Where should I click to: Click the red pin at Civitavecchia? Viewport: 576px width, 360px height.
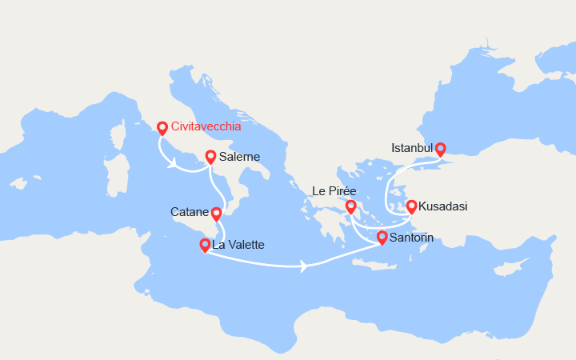pyautogui.click(x=162, y=127)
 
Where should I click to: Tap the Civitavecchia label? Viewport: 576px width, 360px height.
pyautogui.click(x=206, y=126)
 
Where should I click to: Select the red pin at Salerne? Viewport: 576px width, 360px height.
pyautogui.click(x=210, y=157)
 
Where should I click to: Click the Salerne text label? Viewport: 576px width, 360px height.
pyautogui.click(x=239, y=157)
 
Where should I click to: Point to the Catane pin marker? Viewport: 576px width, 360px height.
pyautogui.click(x=216, y=213)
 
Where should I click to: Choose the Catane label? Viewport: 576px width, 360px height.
pyautogui.click(x=190, y=213)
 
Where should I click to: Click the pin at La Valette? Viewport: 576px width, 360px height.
pyautogui.click(x=206, y=244)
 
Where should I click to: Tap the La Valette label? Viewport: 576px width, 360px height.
pyautogui.click(x=238, y=245)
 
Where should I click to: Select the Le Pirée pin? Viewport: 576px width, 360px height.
pyautogui.click(x=350, y=206)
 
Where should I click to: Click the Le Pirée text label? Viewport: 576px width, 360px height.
pyautogui.click(x=334, y=192)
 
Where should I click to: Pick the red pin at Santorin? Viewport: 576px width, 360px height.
pyautogui.click(x=382, y=237)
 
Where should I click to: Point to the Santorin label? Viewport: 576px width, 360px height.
pyautogui.click(x=413, y=238)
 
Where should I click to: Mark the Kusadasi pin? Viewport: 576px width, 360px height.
pyautogui.click(x=412, y=206)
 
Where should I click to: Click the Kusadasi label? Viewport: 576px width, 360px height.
pyautogui.click(x=443, y=206)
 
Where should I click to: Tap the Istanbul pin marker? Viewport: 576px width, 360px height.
pyautogui.click(x=440, y=148)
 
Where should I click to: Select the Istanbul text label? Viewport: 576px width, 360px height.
pyautogui.click(x=412, y=148)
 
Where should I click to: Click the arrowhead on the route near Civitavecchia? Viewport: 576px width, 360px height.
pyautogui.click(x=173, y=166)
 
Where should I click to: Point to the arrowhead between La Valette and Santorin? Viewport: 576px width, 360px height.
pyautogui.click(x=303, y=266)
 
